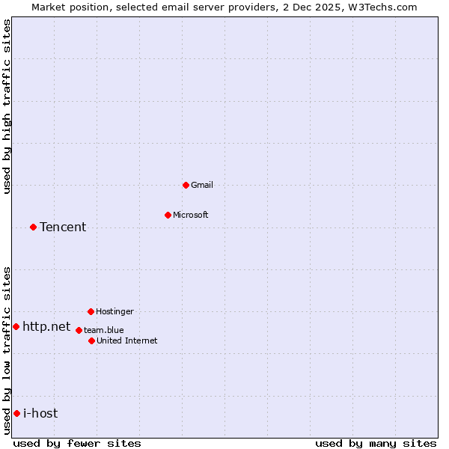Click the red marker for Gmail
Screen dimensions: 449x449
(186, 185)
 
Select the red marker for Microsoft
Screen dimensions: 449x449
(168, 215)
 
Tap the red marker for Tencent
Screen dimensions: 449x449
(33, 227)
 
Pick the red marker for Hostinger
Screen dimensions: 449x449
(91, 311)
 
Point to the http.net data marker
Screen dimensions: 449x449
(16, 326)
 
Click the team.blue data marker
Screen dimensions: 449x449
(79, 330)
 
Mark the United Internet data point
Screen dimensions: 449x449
(91, 340)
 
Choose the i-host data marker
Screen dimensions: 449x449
(16, 413)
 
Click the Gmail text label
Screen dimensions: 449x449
(202, 185)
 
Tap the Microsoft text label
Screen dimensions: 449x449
(191, 215)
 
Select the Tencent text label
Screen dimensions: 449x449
(63, 227)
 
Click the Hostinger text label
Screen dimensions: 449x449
(114, 311)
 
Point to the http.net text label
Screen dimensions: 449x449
(46, 326)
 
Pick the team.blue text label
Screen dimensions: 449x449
(104, 330)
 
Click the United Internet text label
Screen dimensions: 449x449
(127, 340)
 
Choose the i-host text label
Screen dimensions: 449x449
(40, 413)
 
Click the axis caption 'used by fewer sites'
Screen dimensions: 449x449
(77, 443)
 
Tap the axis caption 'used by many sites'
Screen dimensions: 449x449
(376, 443)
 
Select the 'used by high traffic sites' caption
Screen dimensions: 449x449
(7, 106)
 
